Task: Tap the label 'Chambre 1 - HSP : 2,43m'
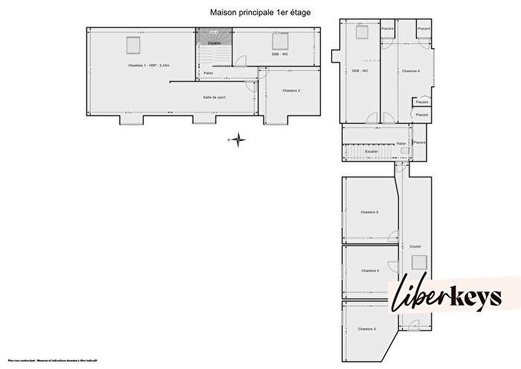149,66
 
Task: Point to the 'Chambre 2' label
291,90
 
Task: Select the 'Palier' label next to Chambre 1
208,73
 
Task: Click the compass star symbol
237,138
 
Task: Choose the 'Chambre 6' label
411,71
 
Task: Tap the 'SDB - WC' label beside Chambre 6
360,71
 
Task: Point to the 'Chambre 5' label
369,212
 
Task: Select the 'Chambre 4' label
369,271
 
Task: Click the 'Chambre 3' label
366,329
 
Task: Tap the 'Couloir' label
415,246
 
